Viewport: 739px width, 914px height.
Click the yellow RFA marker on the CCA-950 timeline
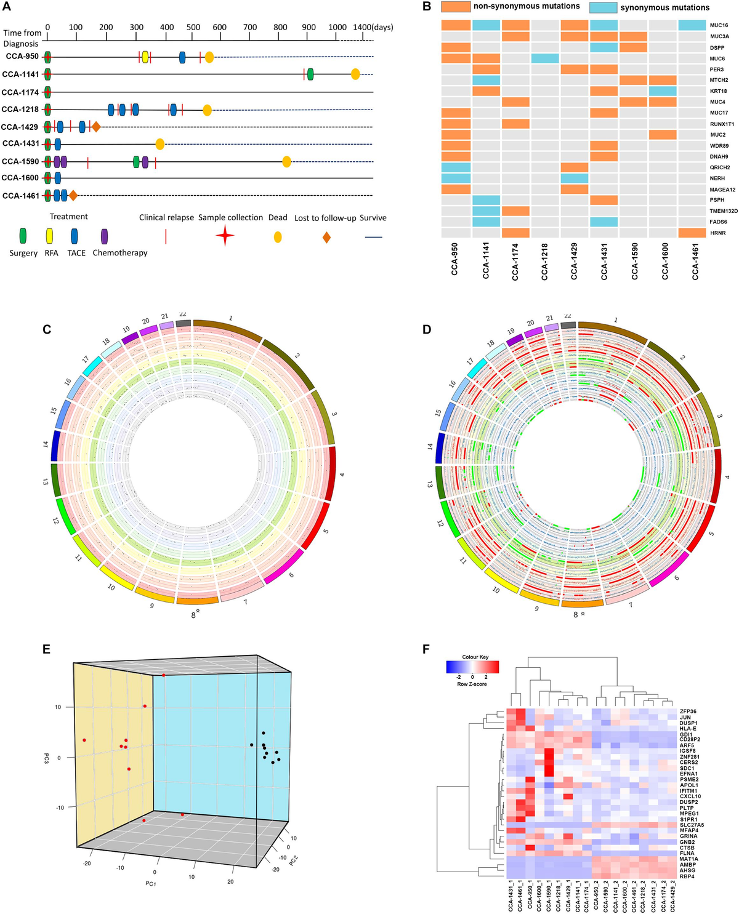point(145,57)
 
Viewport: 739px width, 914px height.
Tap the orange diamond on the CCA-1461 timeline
point(73,196)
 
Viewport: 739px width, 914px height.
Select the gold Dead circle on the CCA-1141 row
point(355,74)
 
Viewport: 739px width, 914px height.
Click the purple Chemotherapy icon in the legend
point(105,236)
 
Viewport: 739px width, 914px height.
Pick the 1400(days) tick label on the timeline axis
point(373,27)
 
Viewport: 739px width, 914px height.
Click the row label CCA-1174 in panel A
point(20,92)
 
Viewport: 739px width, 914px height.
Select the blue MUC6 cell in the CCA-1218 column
point(545,58)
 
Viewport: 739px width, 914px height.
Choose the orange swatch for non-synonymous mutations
point(456,7)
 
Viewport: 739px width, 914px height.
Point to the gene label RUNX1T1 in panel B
point(722,124)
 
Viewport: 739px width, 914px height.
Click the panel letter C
point(47,329)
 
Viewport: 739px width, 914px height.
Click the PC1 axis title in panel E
point(150,884)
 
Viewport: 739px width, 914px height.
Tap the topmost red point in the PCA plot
point(164,675)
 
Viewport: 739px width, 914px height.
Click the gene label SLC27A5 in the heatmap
point(692,825)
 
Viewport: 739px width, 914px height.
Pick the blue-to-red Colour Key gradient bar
point(472,667)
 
